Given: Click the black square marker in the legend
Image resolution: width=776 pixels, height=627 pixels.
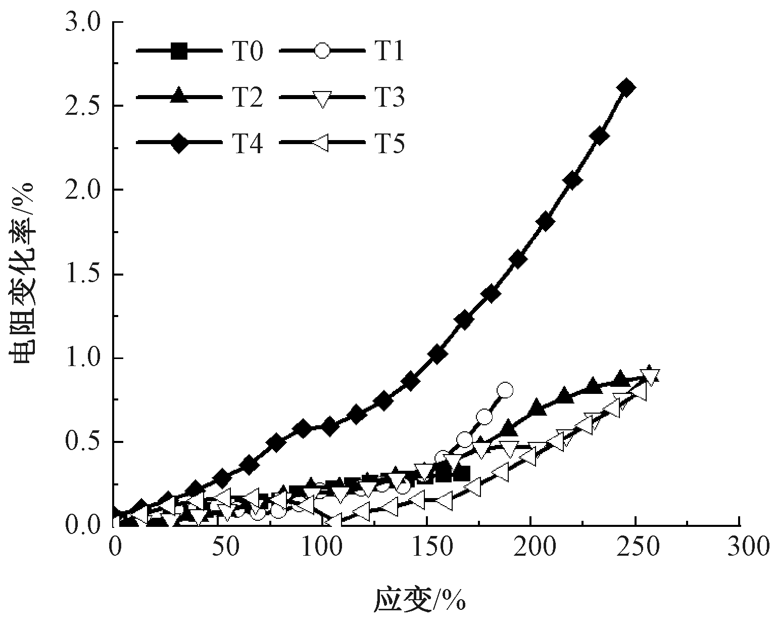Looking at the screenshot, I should coord(179,51).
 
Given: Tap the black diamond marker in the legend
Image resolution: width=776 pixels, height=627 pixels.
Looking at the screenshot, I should coord(179,144).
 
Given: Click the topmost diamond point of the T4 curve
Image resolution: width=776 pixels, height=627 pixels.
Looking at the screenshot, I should coord(626,87).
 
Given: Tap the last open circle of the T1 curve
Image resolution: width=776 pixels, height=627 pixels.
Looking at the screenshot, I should coord(505,390).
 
